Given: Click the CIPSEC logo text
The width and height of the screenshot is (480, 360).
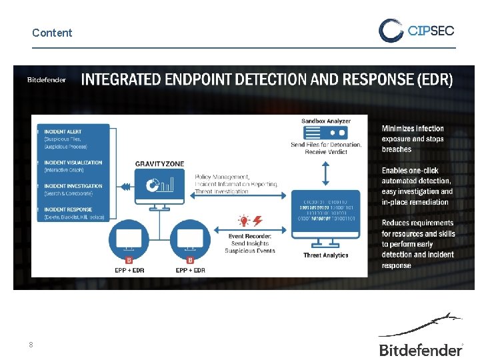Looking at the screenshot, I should [430, 30].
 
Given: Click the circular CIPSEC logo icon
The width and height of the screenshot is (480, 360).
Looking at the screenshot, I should [391, 30].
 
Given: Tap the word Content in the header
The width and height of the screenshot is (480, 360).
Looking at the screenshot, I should [52, 33].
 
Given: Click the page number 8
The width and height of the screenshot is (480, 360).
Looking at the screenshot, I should [30, 345].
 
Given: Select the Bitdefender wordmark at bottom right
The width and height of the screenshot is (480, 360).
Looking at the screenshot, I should [421, 349].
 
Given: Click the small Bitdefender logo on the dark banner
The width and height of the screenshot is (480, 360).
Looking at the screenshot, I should [47, 80].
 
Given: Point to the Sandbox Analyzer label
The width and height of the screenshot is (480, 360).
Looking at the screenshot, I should [326, 121].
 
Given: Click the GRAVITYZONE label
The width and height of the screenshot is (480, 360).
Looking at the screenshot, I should [159, 163].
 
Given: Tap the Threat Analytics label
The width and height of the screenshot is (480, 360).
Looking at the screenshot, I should [325, 255].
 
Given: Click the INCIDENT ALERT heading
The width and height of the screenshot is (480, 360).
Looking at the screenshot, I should [64, 131].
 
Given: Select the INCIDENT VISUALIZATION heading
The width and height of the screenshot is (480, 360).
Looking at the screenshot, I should [73, 162].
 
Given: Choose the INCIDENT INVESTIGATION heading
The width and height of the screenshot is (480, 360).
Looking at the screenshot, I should [73, 186].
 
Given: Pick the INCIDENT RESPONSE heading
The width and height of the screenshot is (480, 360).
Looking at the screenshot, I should [69, 209].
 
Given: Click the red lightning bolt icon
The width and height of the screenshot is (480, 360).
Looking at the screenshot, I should [257, 221].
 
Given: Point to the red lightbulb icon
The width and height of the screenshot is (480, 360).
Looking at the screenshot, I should [245, 221].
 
